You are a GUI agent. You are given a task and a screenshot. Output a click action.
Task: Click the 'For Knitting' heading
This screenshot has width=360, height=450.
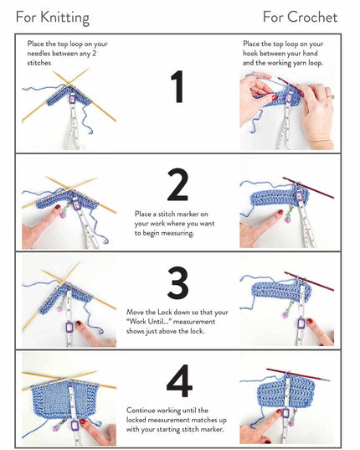click(53, 17)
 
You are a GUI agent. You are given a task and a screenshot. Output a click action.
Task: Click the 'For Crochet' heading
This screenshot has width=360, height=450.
click(300, 17)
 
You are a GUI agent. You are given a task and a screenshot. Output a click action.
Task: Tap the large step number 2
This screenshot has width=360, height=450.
click(177, 185)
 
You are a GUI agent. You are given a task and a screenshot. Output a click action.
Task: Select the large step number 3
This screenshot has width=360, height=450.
click(177, 284)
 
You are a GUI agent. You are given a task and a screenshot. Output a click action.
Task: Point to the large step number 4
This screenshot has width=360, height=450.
click(178, 382)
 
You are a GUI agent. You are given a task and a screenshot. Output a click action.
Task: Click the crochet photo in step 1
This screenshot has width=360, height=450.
click(286, 109)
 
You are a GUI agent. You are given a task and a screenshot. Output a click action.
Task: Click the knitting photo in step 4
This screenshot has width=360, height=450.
click(69, 402)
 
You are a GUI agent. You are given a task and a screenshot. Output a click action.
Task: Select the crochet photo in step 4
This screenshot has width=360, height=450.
click(286, 402)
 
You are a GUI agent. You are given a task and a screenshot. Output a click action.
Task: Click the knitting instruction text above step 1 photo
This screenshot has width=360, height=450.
click(67, 53)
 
